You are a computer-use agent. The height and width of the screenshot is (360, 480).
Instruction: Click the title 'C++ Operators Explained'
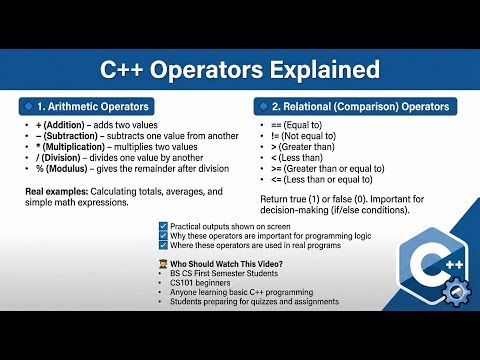tap(240, 71)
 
